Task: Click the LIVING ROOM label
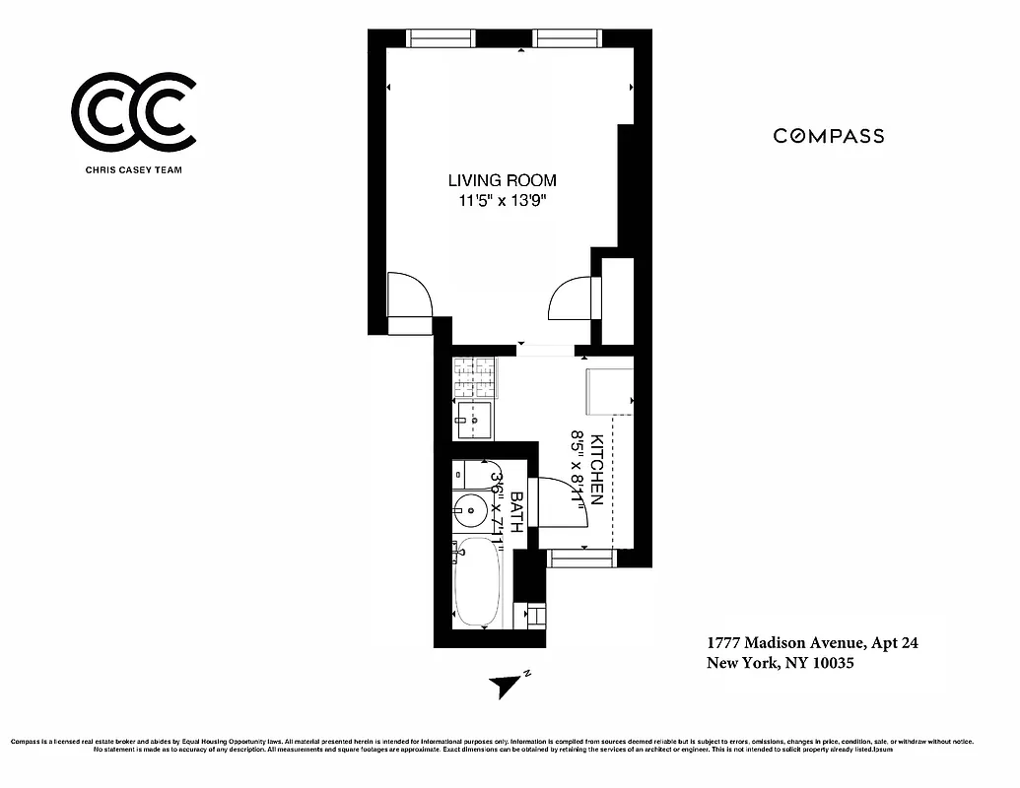pos(502,180)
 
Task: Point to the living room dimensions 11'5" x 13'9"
pos(502,201)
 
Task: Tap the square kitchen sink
pos(473,421)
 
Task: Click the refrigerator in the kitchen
pos(609,391)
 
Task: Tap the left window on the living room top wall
pos(442,38)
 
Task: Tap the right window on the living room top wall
pos(568,38)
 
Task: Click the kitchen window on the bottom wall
pos(581,558)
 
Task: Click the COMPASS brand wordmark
pos(828,137)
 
